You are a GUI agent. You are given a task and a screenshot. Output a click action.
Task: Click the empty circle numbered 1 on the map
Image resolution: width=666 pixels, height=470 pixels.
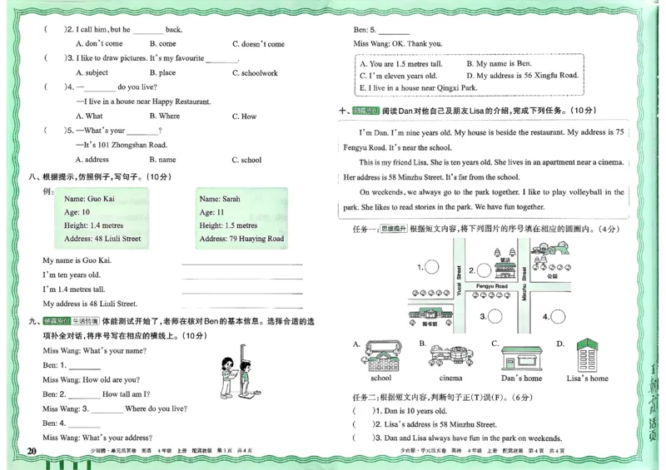point(432,267)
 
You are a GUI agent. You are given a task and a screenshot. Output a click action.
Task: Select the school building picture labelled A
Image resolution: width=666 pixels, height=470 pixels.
point(380,356)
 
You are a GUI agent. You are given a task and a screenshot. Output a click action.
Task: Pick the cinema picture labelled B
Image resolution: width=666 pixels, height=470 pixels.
point(450,356)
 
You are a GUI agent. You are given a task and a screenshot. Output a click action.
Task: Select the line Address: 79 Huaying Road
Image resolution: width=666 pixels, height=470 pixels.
point(241,239)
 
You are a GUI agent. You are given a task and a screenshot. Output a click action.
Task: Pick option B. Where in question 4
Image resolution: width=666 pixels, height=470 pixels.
point(164,116)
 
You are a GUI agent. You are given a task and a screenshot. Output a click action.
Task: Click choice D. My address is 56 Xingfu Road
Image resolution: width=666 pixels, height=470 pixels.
point(521,76)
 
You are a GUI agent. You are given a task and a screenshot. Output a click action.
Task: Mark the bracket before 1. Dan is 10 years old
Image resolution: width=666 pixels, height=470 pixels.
point(361,411)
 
